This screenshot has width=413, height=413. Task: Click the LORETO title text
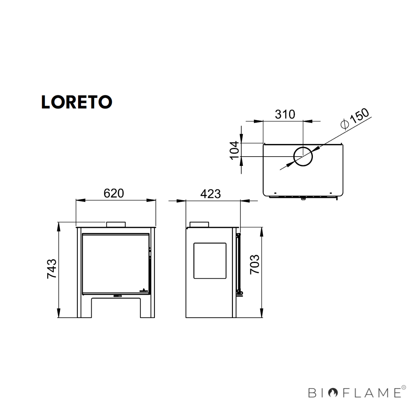coord(76,102)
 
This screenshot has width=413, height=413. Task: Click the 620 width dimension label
coord(114,193)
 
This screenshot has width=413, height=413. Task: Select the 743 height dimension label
coord(52,268)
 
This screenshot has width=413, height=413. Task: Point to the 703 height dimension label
coord(254,264)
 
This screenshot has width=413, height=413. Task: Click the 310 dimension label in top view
coord(285,114)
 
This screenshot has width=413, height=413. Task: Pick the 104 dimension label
coord(234,150)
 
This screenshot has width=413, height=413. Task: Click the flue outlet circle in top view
coord(303,156)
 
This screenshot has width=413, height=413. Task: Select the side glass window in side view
coord(210,260)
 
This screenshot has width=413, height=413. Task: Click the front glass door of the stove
coord(116,263)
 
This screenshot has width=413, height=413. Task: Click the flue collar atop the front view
coord(116,224)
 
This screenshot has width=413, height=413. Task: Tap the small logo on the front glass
coord(144,290)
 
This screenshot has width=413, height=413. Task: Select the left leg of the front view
coord(84,306)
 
